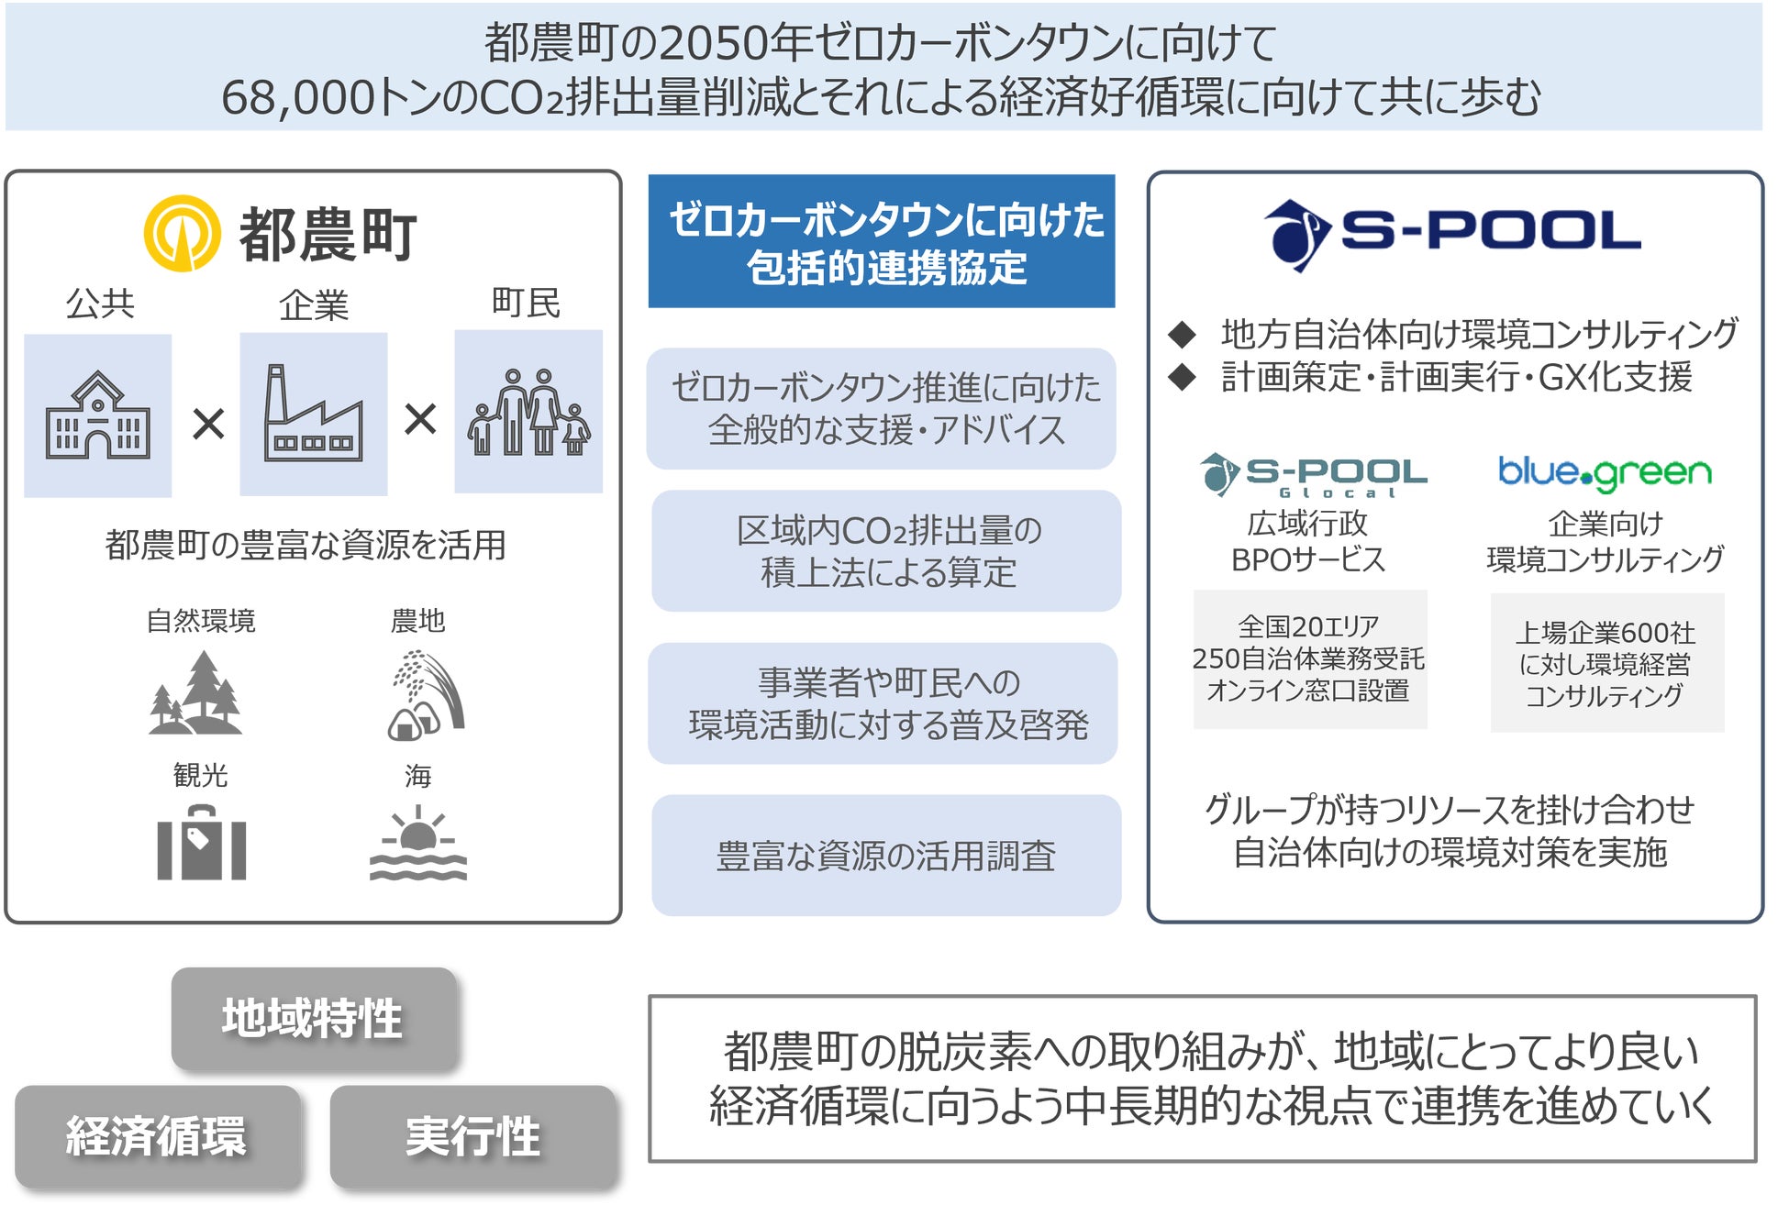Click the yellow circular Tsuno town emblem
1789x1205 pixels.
point(182,233)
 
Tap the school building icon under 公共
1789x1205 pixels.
point(98,415)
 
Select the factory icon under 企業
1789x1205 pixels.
point(313,415)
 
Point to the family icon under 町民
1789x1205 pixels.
point(528,413)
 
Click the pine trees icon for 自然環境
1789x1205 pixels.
point(196,693)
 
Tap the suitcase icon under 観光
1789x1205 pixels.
point(201,843)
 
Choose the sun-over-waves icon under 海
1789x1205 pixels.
point(418,843)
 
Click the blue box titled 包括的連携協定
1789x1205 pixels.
point(882,241)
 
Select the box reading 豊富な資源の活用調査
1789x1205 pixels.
point(886,855)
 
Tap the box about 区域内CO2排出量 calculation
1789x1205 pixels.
point(886,551)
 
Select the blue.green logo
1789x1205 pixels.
point(1605,473)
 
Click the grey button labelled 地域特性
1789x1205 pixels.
point(314,1019)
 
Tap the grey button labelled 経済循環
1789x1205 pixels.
point(158,1136)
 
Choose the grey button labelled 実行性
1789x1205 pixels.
point(472,1136)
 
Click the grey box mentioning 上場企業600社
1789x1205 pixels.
point(1606,663)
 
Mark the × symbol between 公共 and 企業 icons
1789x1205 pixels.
point(208,424)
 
